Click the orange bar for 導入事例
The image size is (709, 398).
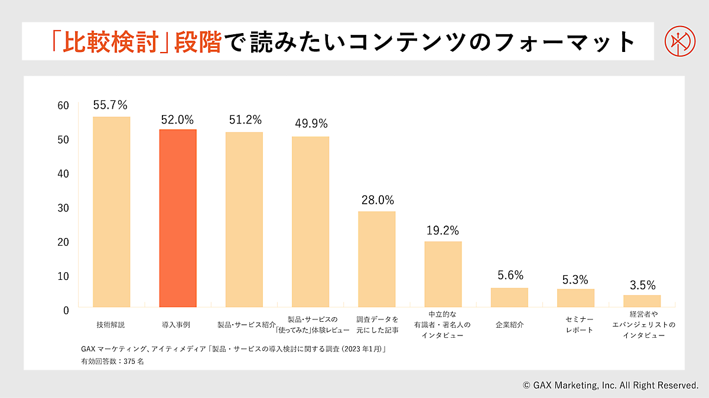178,218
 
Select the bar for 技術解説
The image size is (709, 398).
112,212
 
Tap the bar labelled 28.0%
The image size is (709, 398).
377,259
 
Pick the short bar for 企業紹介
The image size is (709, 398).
509,298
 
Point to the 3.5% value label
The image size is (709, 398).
642,286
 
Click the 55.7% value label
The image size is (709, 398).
110,105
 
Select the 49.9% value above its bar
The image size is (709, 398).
311,124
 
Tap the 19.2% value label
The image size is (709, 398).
443,230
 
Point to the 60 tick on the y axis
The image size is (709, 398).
63,106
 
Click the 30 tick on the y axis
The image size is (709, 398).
63,208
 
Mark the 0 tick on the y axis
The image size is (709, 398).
66,310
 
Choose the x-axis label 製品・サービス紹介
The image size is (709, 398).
244,325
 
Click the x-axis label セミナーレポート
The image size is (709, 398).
575,325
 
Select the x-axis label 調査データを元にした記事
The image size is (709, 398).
377,325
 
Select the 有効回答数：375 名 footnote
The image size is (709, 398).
112,361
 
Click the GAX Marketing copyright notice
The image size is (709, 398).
610,386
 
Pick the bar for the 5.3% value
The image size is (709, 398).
575,298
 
